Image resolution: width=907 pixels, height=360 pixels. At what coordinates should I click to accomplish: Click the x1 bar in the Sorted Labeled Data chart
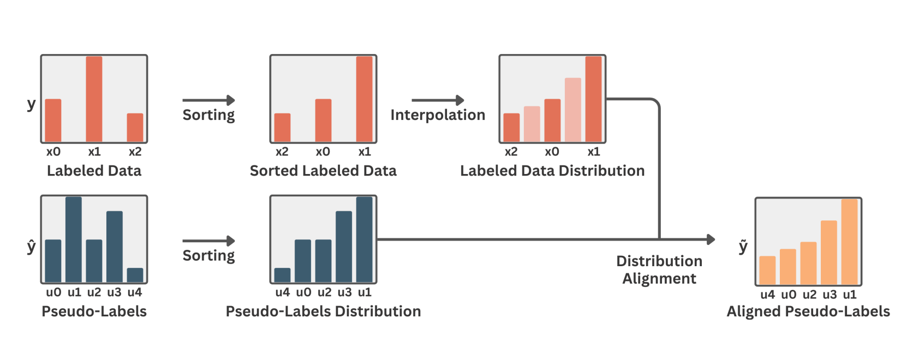364,99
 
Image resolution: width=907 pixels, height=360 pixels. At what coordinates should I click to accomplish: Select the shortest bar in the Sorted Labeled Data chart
282,127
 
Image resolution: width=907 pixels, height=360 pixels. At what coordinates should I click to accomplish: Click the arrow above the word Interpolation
438,100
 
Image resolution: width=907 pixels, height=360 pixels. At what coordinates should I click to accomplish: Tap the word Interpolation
438,115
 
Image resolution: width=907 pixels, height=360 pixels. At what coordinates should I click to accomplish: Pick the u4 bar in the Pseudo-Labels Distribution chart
282,275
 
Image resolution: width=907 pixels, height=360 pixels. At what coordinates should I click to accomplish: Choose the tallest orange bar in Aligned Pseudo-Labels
849,242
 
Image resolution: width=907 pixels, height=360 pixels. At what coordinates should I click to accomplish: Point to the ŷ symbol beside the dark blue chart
32,247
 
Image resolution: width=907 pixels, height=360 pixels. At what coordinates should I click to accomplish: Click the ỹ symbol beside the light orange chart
743,247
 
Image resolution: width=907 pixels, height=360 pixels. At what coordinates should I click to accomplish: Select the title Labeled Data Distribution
552,171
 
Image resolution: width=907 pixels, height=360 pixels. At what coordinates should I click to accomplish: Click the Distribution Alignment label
659,269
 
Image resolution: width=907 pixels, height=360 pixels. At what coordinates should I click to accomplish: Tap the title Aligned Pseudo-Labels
808,311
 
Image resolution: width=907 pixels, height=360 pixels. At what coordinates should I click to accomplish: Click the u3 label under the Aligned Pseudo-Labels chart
830,295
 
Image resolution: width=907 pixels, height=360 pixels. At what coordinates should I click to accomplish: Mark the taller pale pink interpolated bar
572,110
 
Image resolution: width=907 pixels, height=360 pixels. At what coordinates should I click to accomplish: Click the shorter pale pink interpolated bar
532,124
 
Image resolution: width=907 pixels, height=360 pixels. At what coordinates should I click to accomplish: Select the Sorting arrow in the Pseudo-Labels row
208,241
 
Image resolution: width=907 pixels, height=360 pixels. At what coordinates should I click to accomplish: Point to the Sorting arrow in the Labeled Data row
208,100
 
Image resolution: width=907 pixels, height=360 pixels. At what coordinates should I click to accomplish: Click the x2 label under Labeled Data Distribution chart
511,152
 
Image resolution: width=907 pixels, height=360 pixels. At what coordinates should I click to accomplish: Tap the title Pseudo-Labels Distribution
323,311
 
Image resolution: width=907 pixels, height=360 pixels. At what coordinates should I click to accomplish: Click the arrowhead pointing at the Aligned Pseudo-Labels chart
711,239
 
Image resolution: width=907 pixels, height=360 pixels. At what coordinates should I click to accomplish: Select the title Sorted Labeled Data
323,171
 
